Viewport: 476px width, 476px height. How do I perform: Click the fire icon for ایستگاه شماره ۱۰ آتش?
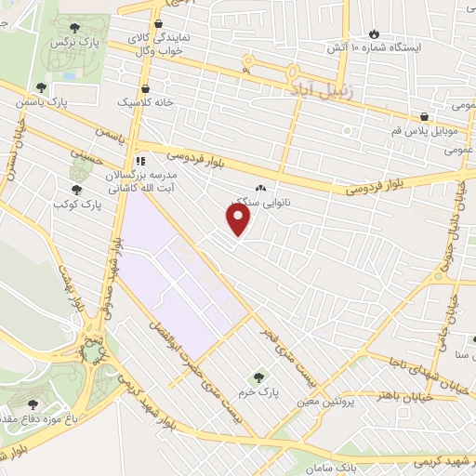pos(374,33)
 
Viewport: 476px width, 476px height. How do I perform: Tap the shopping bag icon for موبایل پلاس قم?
pos(424,117)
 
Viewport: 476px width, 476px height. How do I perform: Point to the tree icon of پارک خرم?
pos(259,377)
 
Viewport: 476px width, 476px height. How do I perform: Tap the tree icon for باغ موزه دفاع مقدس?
pos(34,404)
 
